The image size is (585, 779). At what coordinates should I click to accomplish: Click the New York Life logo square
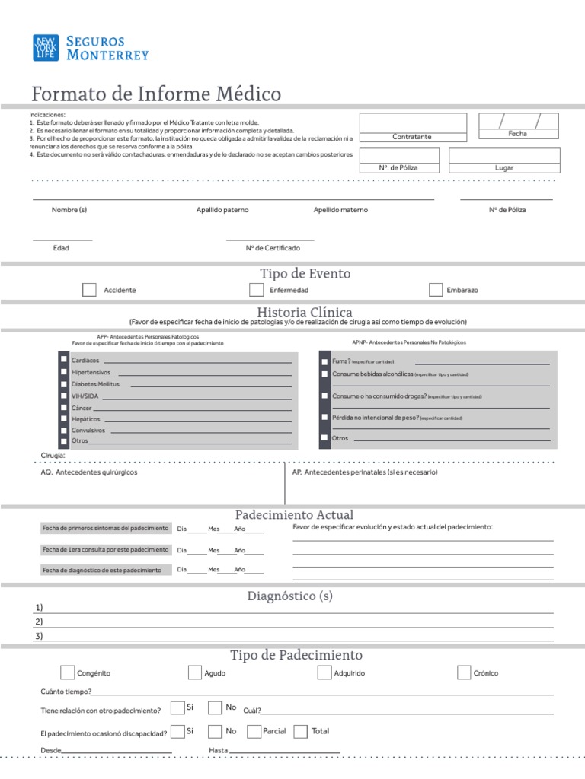45,48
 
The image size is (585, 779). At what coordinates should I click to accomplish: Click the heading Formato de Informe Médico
156,94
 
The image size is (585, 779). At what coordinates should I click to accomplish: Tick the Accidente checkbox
89,290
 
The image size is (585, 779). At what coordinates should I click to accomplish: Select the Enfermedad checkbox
257,290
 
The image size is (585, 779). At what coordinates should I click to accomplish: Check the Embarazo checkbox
436,290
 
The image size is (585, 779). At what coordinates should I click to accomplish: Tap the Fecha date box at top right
518,121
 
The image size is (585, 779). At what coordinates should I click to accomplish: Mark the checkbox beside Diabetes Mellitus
63,384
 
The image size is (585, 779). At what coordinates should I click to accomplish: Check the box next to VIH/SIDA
63,396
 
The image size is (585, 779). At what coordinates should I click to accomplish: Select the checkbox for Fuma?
325,361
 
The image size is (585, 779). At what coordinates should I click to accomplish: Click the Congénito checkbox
67,672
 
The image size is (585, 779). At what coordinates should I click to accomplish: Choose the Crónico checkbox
464,672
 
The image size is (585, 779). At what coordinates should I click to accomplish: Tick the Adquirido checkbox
324,672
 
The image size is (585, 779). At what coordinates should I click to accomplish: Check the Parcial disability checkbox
254,731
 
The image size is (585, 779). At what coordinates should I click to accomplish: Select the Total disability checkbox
301,731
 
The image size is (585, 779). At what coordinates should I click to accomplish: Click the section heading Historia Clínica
305,313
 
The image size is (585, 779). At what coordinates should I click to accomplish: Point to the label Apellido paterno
222,210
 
